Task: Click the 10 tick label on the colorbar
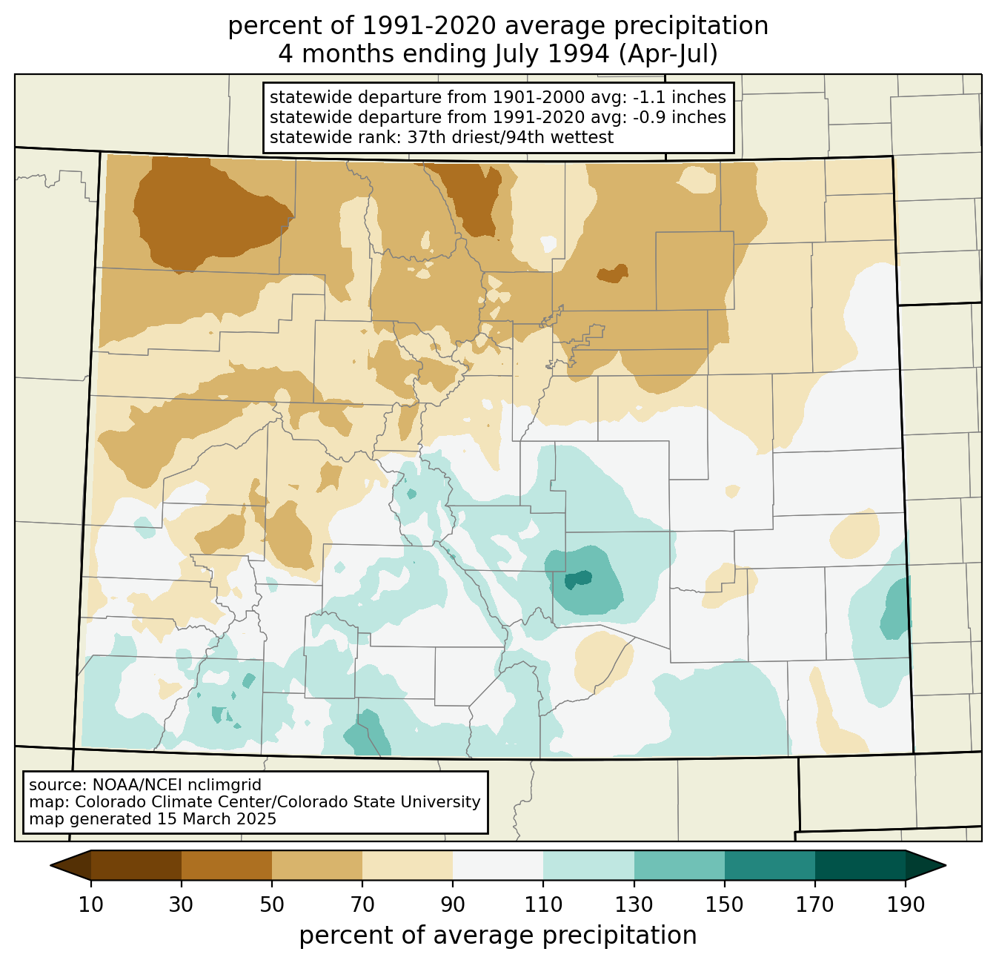pos(90,905)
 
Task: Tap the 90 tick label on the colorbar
pos(453,905)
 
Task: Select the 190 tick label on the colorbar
pos(906,905)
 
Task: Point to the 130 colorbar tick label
pos(634,905)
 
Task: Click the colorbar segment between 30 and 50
pos(226,865)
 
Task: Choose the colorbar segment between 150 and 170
pos(769,865)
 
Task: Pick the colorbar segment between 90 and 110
pos(498,865)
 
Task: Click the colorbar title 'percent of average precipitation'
pos(497,935)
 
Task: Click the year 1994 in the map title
pos(578,54)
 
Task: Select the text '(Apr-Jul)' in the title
pos(668,54)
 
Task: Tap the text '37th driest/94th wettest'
pos(511,137)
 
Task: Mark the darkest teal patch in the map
pos(578,579)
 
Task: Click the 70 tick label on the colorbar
pos(362,905)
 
